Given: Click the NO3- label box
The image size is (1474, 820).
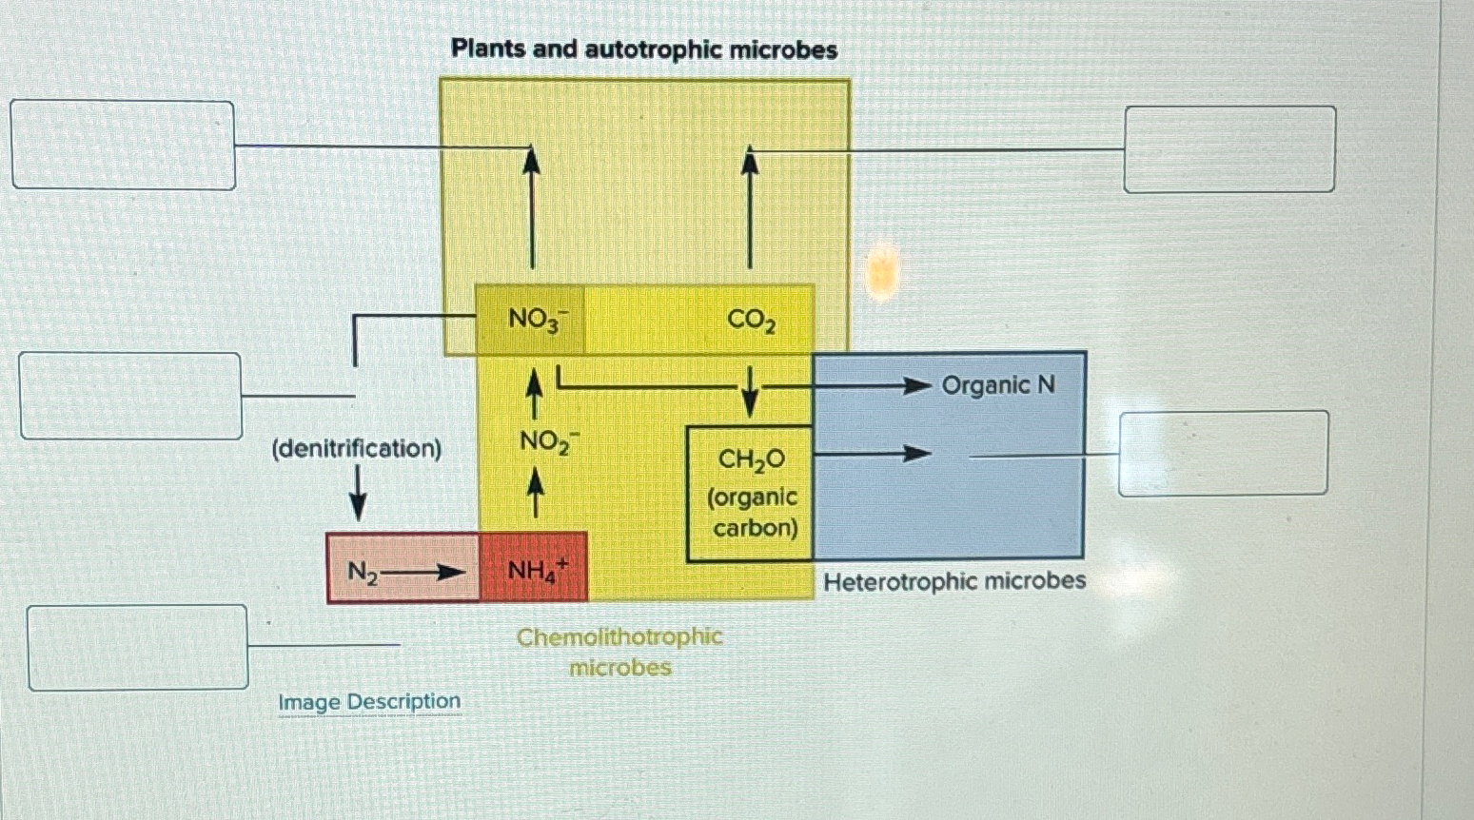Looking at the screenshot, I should pyautogui.click(x=531, y=320).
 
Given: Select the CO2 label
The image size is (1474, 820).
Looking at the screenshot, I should pyautogui.click(x=751, y=321).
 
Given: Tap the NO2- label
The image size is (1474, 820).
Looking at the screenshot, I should pyautogui.click(x=543, y=442).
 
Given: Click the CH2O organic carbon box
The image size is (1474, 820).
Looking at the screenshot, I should pyautogui.click(x=751, y=493).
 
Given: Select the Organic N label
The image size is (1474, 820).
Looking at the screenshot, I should pyautogui.click(x=998, y=385).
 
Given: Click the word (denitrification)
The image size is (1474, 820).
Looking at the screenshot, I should pyautogui.click(x=357, y=448).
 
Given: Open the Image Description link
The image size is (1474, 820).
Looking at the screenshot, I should pyautogui.click(x=369, y=702).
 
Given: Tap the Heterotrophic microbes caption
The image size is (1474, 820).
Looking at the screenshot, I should pyautogui.click(x=954, y=581).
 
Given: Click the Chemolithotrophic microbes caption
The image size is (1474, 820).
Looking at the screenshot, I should pyautogui.click(x=619, y=652).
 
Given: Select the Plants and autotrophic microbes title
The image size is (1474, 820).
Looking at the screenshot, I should pyautogui.click(x=644, y=49).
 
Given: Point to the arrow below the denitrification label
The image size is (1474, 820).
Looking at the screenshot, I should pyautogui.click(x=358, y=495).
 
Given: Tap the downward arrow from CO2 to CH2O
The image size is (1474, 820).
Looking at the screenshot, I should pyautogui.click(x=750, y=393).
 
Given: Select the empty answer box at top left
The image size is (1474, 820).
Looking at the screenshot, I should pyautogui.click(x=123, y=145).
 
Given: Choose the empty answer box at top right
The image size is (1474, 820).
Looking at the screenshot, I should pyautogui.click(x=1229, y=149).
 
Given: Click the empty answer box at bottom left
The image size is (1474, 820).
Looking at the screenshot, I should pyautogui.click(x=138, y=647).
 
